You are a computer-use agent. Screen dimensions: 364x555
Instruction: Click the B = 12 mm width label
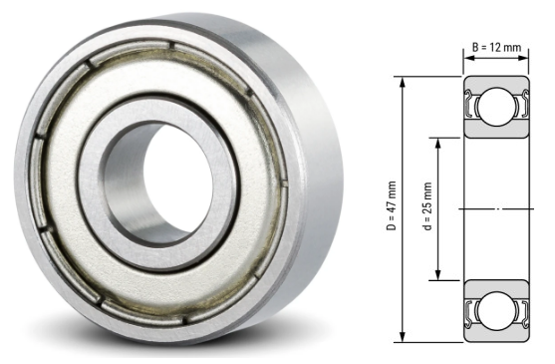click(495, 47)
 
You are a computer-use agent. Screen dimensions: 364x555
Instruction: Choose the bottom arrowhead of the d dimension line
click(439, 277)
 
